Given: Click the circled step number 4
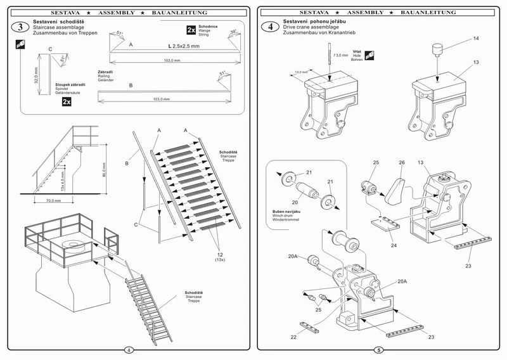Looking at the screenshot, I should tap(272, 27).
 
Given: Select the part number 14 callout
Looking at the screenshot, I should tap(476, 39).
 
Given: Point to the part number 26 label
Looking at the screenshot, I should tap(401, 162).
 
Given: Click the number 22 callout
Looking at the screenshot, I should tap(293, 337).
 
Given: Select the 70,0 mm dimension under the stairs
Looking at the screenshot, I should tap(53, 201).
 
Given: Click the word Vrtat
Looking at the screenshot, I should tap(357, 52).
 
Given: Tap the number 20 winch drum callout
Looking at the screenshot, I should tap(295, 203).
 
